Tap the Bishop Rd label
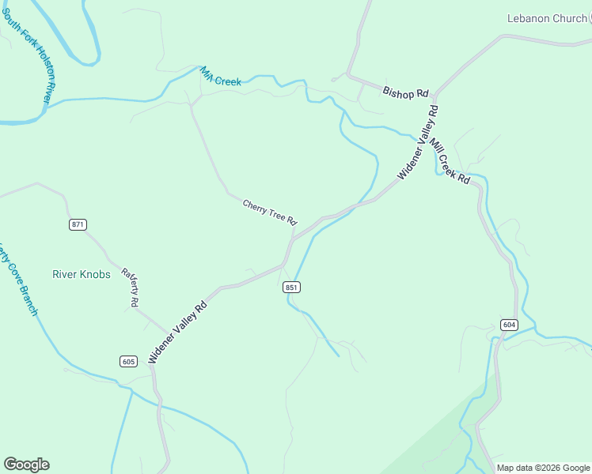(x=404, y=93)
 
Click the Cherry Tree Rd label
(x=269, y=211)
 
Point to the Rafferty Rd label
(x=131, y=288)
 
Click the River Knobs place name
(x=82, y=275)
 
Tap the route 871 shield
(x=77, y=225)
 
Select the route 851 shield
(x=291, y=288)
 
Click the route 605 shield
(x=129, y=362)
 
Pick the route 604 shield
(x=509, y=325)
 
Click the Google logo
(x=26, y=465)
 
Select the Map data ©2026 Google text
(x=543, y=468)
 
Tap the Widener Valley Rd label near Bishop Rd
(x=418, y=142)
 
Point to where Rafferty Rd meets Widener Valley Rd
(x=168, y=332)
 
